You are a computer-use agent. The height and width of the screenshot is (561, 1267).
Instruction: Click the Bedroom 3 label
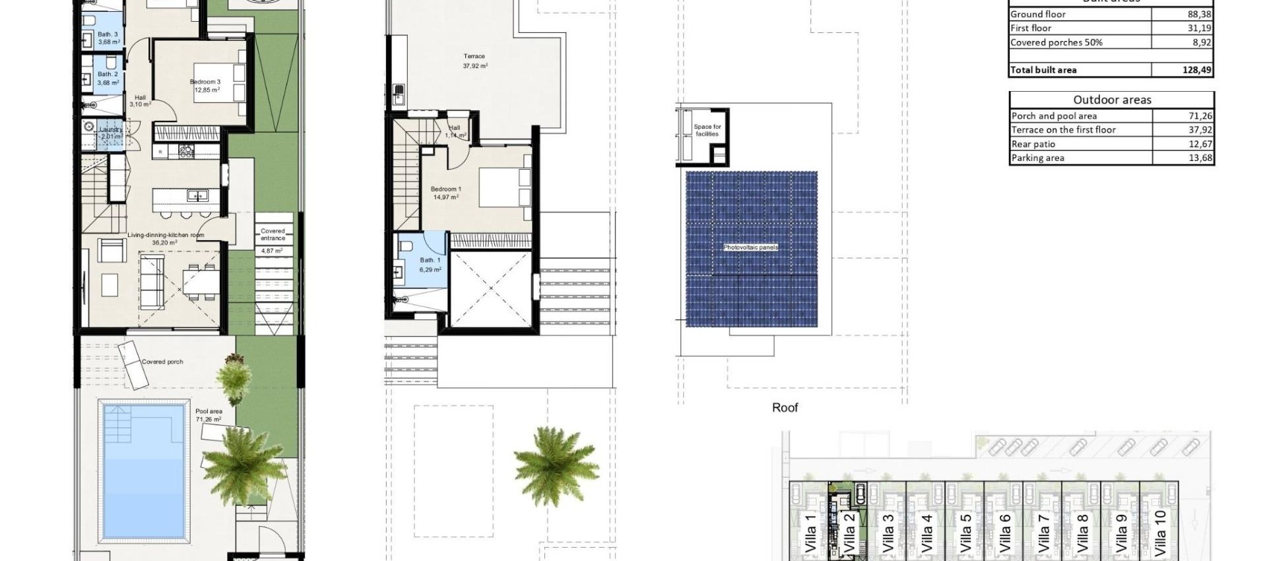point(205,82)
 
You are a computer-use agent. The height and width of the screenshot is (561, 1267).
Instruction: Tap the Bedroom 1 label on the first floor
point(445,189)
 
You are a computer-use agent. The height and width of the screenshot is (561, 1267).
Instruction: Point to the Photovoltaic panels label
point(750,247)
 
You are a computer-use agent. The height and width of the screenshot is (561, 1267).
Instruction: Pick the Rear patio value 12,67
point(1199,144)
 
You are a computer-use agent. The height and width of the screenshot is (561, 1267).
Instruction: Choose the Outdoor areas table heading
point(1112,100)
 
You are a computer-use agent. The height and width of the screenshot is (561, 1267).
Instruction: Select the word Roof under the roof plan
point(785,408)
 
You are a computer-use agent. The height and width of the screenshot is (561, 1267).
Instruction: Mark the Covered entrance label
point(273,234)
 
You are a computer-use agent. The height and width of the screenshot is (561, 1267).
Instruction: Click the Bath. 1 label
point(430,260)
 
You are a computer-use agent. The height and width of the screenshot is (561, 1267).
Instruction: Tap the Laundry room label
point(111,130)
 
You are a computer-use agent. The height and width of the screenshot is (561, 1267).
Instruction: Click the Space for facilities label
point(707,130)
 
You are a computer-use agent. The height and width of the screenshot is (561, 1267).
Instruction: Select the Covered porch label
point(162,362)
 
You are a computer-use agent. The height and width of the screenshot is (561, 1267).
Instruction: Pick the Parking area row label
point(1037,158)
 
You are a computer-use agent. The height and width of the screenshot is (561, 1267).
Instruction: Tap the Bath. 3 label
point(108,34)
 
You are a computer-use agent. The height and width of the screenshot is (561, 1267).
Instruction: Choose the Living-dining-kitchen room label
point(166,235)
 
